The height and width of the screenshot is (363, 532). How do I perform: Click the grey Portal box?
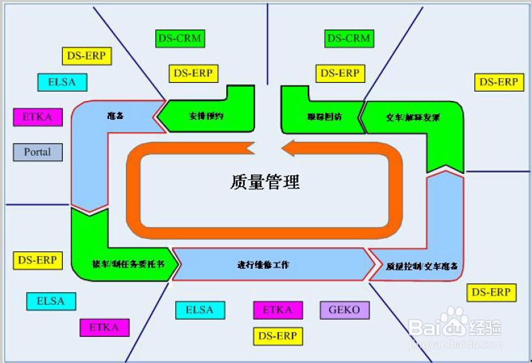37,152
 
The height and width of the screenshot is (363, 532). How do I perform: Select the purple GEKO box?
344,310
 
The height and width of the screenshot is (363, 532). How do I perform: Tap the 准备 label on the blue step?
116,116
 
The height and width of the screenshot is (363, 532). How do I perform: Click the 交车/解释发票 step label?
413,117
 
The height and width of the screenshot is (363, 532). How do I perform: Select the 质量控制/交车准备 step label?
422,266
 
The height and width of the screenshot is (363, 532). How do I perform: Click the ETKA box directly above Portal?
37,117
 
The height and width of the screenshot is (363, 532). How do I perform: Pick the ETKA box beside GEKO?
278,310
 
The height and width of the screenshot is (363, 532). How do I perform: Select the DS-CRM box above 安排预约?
179,39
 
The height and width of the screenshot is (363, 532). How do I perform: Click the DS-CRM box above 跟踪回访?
348,39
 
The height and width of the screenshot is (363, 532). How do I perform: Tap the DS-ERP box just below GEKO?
278,336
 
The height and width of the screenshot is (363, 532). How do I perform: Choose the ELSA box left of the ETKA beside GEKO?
199,310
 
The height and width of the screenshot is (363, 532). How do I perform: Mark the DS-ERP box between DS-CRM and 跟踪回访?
339,73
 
